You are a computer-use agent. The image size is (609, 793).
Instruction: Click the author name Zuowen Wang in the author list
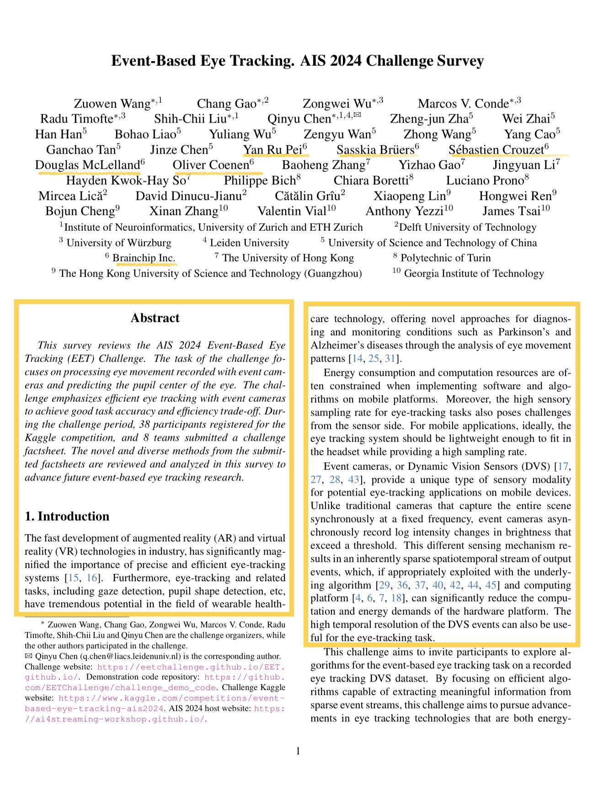[112, 104]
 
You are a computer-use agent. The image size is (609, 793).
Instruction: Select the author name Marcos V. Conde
[463, 104]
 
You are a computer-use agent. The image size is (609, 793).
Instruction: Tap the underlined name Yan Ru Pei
[272, 150]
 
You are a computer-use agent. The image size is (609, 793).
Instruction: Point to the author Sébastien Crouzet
[496, 150]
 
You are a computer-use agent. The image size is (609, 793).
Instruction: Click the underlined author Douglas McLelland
[87, 165]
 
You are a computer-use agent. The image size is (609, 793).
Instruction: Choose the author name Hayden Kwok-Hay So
[126, 181]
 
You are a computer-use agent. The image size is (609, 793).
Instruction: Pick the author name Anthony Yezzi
[404, 211]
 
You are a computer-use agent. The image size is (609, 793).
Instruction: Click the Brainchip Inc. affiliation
[144, 258]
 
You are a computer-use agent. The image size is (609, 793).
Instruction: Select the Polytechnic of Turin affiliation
[445, 258]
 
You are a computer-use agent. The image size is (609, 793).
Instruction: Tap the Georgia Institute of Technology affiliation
[474, 274]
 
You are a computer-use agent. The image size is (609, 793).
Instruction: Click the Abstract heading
[155, 318]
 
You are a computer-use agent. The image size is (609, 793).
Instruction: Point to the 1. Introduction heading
[67, 516]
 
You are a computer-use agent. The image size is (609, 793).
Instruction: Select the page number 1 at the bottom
[298, 751]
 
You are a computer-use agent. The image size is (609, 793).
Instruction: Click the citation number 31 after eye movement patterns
[390, 359]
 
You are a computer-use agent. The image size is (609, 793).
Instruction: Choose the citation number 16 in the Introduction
[92, 578]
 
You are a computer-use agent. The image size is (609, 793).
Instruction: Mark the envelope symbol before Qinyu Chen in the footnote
[28, 656]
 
